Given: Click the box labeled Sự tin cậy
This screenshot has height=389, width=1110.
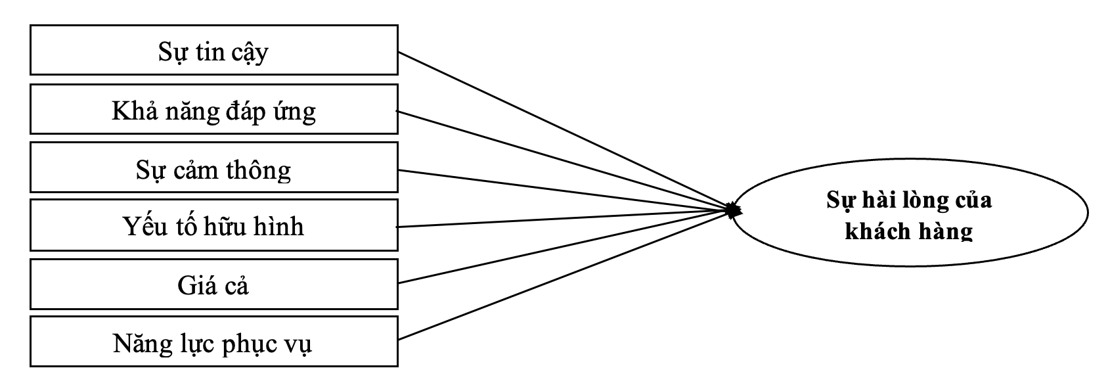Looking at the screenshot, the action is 214,50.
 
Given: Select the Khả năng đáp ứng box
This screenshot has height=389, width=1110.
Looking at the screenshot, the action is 214,109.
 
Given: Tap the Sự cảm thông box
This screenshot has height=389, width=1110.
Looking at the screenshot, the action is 214,168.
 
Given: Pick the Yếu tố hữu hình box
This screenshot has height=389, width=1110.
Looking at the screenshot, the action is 214,225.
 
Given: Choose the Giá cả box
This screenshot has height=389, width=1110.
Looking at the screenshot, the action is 214,285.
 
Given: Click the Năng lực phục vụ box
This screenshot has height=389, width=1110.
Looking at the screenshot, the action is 214,342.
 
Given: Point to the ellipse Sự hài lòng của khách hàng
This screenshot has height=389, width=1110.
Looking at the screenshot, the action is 910,213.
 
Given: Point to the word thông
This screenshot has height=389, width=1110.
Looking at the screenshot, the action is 258,170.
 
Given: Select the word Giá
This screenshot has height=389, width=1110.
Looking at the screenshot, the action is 193,285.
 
